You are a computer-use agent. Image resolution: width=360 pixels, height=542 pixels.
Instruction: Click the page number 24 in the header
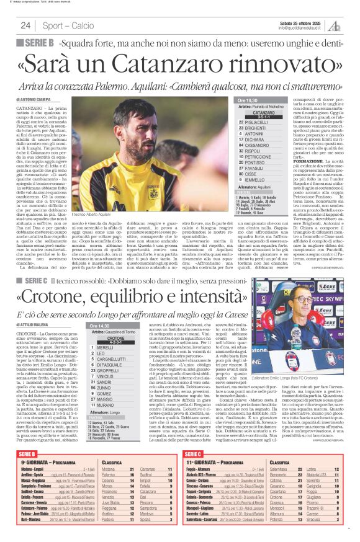(26, 25)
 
